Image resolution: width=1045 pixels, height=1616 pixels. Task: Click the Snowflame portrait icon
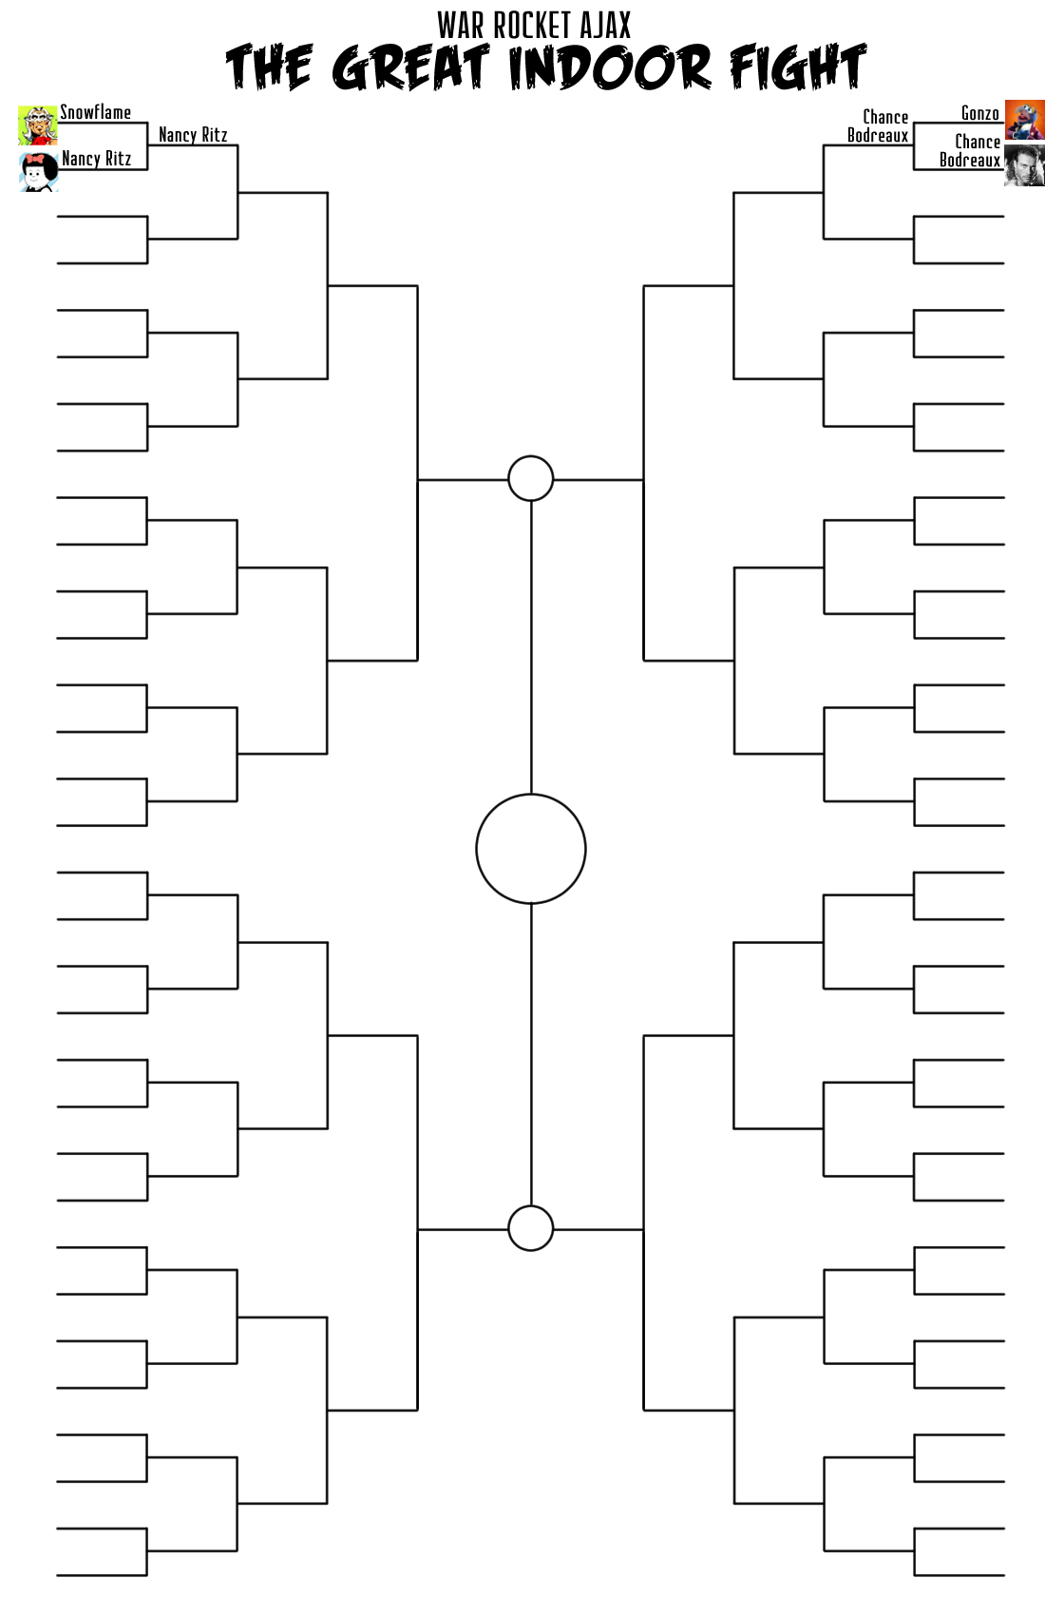coord(37,125)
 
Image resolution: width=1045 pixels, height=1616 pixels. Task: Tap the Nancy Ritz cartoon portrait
coord(39,172)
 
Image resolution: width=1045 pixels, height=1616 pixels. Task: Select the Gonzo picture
coord(1024,120)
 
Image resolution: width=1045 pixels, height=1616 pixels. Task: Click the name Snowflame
coord(95,112)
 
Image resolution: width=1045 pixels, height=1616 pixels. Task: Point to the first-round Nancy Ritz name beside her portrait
coord(96,159)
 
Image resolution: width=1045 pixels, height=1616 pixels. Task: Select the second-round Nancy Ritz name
coord(193,135)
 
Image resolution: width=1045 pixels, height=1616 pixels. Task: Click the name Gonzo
coord(979,114)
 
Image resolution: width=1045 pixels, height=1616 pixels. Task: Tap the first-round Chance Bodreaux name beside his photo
coord(971,151)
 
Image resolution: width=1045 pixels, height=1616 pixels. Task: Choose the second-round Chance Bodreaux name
coord(879,126)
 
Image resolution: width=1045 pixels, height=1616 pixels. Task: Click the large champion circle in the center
coord(531,849)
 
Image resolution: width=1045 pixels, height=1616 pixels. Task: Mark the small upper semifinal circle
coord(531,478)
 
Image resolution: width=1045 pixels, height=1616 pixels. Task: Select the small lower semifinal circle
coord(531,1228)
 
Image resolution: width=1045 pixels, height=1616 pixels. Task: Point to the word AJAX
coord(605,25)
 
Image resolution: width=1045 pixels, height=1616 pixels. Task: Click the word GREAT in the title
coord(410,68)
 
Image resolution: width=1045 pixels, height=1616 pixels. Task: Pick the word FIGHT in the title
coord(797,68)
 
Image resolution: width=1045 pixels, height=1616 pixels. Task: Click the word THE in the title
coord(269,68)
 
